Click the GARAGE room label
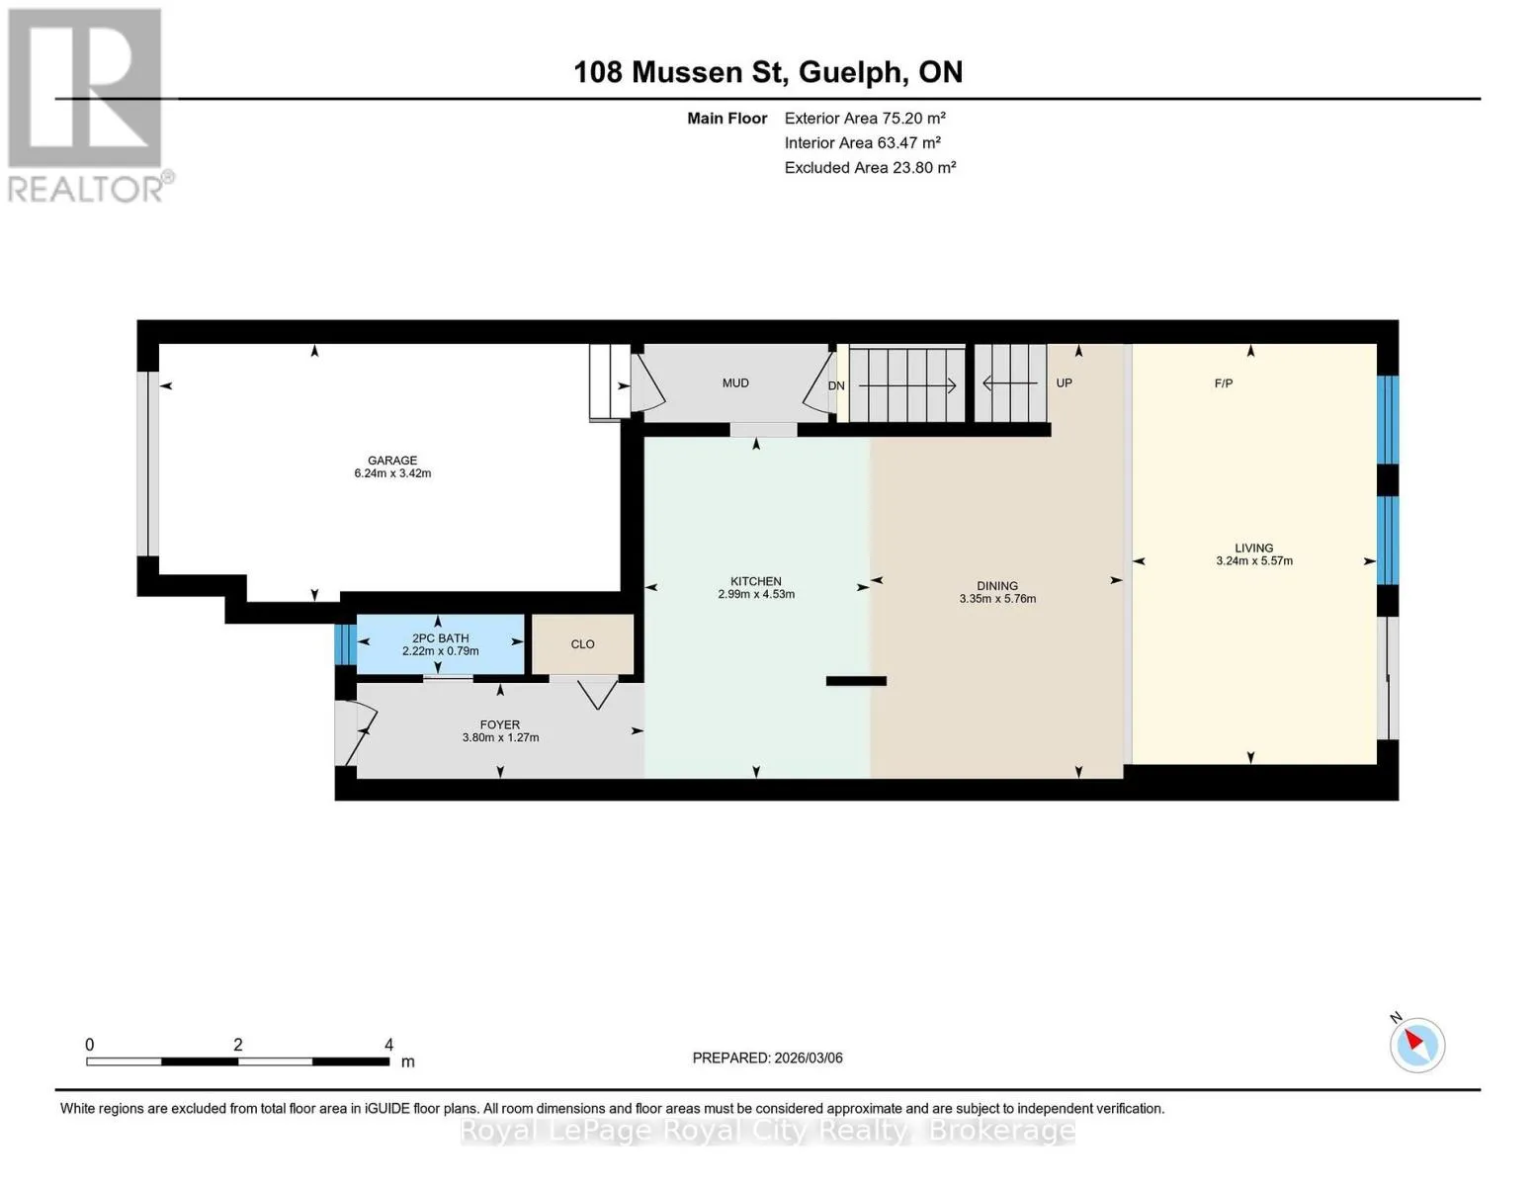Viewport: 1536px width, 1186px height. pyautogui.click(x=392, y=461)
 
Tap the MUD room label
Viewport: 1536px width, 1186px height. pyautogui.click(x=735, y=383)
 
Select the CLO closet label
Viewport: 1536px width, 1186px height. pyautogui.click(x=582, y=643)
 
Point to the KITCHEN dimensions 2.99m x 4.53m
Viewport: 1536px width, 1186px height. pyautogui.click(x=756, y=594)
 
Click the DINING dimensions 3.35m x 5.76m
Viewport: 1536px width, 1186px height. pyautogui.click(x=997, y=599)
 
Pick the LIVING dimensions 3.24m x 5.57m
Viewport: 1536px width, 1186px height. pyautogui.click(x=1254, y=560)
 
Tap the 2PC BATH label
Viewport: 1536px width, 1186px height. pyautogui.click(x=441, y=638)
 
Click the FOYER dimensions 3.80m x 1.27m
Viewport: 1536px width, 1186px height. pyautogui.click(x=500, y=737)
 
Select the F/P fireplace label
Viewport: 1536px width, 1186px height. pyautogui.click(x=1224, y=383)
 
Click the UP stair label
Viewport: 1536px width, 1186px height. pyautogui.click(x=1064, y=383)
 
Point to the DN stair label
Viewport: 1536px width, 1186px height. pyautogui.click(x=836, y=385)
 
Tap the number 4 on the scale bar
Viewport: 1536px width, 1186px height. pyautogui.click(x=388, y=1045)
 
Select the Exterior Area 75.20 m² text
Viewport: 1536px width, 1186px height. pyautogui.click(x=865, y=118)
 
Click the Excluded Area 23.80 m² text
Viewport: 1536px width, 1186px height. pyautogui.click(x=870, y=167)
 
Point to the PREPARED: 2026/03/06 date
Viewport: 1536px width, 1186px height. pyautogui.click(x=768, y=1059)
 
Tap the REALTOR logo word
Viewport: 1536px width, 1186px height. pyautogui.click(x=86, y=190)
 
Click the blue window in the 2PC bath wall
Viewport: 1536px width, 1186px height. pyautogui.click(x=346, y=643)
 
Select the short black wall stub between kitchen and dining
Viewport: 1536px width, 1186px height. pyautogui.click(x=856, y=681)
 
